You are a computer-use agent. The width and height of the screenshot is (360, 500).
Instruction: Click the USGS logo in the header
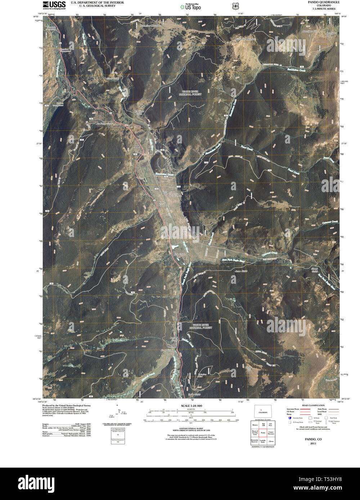click(54, 5)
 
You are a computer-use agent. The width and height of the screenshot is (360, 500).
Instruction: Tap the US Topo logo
click(190, 6)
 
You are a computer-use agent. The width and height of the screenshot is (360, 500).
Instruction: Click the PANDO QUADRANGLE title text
click(324, 2)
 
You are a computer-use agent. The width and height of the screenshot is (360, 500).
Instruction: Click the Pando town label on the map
click(136, 146)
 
